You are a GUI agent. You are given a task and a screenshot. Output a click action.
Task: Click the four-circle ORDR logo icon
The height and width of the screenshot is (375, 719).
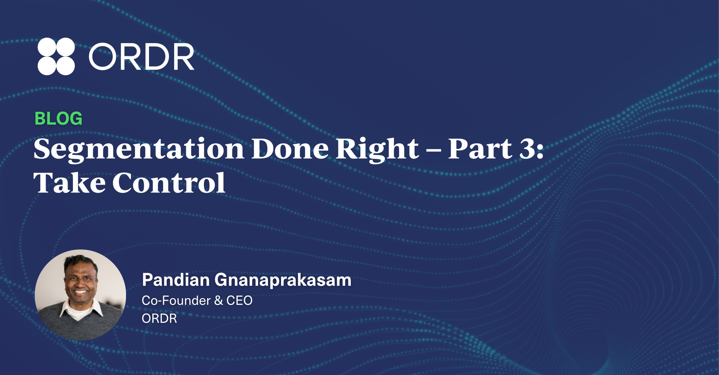pos(56,56)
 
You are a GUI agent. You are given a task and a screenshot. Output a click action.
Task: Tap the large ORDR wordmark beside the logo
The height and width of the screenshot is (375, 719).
pos(141,57)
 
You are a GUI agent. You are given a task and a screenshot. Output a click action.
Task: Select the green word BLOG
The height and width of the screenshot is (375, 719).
pos(58,119)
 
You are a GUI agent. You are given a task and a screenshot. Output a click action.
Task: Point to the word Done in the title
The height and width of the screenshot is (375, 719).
pos(290,149)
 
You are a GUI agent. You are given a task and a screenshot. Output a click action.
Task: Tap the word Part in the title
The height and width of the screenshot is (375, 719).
pos(480,149)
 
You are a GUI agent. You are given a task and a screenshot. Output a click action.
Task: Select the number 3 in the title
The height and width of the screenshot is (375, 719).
pos(527,149)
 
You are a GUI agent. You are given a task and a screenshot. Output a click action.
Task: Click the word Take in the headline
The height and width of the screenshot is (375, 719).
pos(69,183)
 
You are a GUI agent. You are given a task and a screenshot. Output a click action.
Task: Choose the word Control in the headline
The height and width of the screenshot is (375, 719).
pos(169,183)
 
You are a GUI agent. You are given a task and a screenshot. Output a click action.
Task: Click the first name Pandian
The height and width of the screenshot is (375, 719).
pos(176,280)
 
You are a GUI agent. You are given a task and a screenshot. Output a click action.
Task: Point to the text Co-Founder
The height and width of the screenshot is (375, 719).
pos(176,301)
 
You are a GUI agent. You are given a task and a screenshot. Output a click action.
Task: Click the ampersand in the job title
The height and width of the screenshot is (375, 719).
pos(218,301)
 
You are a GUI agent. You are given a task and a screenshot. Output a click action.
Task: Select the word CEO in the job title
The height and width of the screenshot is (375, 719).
pos(239,301)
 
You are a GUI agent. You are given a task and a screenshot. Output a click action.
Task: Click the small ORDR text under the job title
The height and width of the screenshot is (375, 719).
pos(159,318)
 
